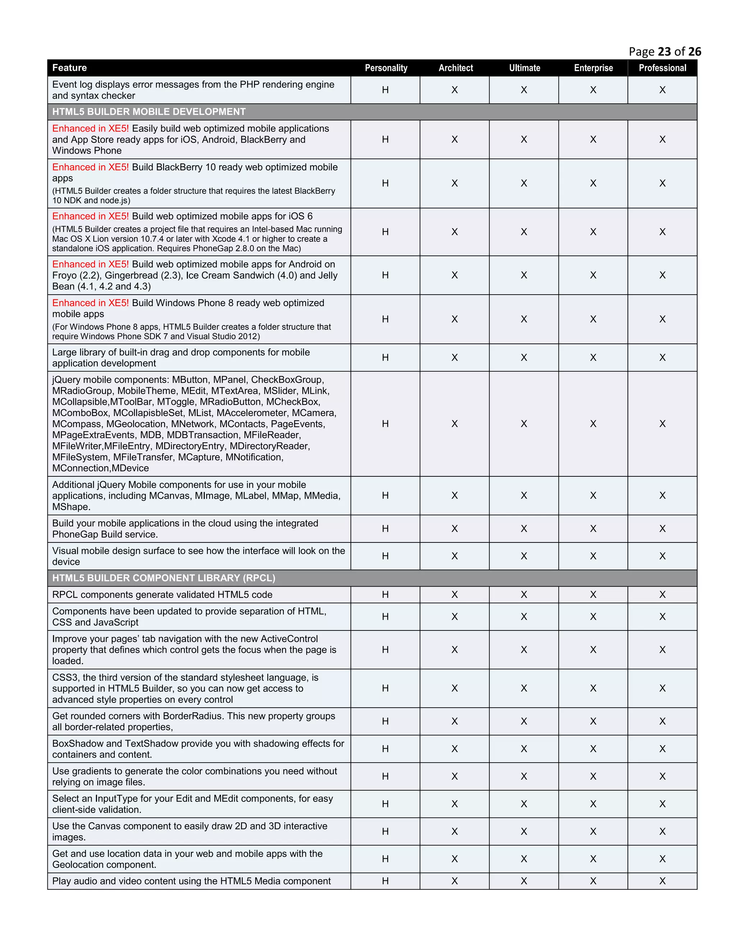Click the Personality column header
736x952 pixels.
pyautogui.click(x=386, y=68)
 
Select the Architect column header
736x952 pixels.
pyautogui.click(x=456, y=68)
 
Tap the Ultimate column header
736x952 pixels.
pyautogui.click(x=525, y=68)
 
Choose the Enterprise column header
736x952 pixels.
pyautogui.click(x=593, y=68)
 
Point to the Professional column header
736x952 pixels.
pyautogui.click(x=662, y=68)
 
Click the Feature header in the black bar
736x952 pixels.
pyautogui.click(x=69, y=68)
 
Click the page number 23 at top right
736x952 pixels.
pyautogui.click(x=664, y=52)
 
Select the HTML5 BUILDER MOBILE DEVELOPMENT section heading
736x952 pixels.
pyautogui.click(x=149, y=112)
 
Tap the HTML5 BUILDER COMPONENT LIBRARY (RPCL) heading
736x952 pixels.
pyautogui.click(x=164, y=578)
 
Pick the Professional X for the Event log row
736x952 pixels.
pyautogui.click(x=662, y=90)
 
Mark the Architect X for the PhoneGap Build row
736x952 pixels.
pyautogui.click(x=455, y=529)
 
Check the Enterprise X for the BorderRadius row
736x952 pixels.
pyautogui.click(x=593, y=721)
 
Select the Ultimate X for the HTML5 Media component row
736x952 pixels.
pyautogui.click(x=524, y=881)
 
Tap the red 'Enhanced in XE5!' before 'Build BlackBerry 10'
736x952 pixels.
pyautogui.click(x=90, y=167)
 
